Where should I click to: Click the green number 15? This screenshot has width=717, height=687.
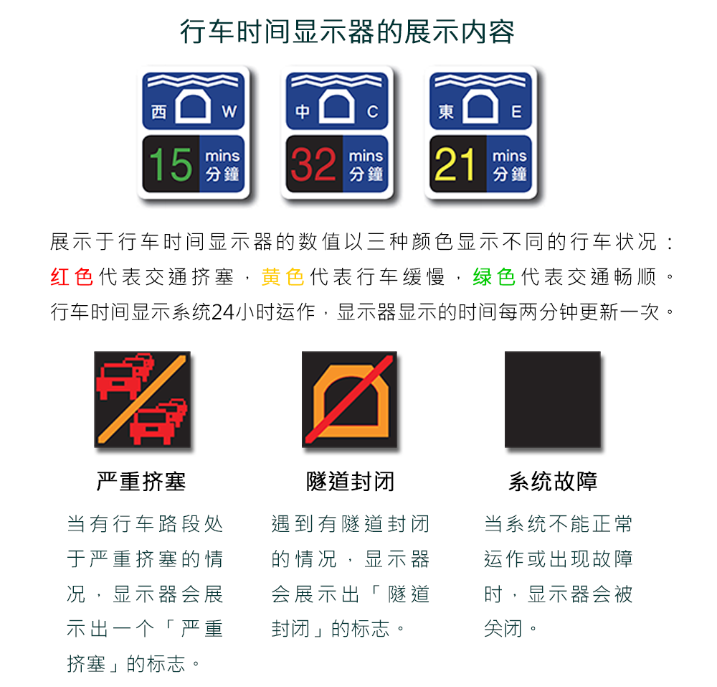coord(171,164)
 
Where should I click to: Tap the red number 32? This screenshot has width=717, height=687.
coord(314,164)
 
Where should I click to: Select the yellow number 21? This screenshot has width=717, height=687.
coord(455,164)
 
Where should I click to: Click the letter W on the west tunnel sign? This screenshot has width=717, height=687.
coord(229,111)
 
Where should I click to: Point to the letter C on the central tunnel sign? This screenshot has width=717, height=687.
coord(373,111)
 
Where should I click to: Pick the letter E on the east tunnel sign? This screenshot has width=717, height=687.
coord(516,111)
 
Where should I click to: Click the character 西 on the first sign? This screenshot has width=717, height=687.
coord(158,112)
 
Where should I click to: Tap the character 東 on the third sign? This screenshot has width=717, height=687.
coord(446,112)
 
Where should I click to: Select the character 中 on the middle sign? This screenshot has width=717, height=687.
coord(303,112)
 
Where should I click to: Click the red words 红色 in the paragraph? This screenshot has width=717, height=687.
coord(72,277)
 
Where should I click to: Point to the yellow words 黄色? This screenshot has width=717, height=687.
coord(282,277)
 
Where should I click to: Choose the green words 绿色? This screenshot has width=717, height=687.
coord(494,277)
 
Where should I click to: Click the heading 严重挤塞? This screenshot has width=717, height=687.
coord(141,482)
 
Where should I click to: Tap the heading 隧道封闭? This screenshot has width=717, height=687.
coord(350,482)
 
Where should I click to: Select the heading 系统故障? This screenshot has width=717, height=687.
coord(553,482)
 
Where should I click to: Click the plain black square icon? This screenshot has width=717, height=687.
coord(552,399)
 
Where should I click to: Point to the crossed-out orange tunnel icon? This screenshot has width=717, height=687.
coord(349,399)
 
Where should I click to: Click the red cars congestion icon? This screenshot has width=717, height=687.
coord(142,399)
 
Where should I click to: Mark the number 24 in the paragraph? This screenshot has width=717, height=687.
coord(223,312)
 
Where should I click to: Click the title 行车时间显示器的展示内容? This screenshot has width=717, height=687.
coord(348,32)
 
